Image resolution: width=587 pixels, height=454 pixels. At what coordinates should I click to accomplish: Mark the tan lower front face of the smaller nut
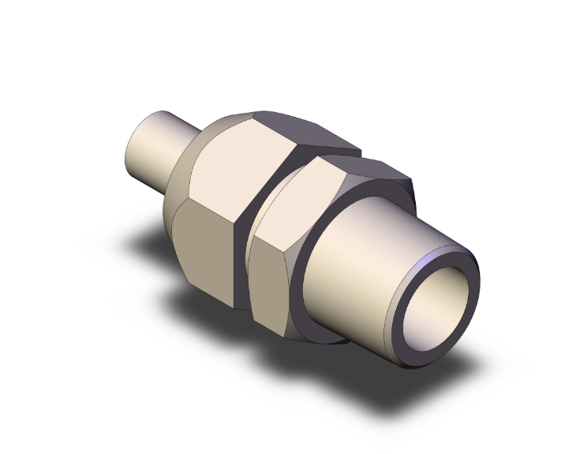pyautogui.click(x=272, y=284)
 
